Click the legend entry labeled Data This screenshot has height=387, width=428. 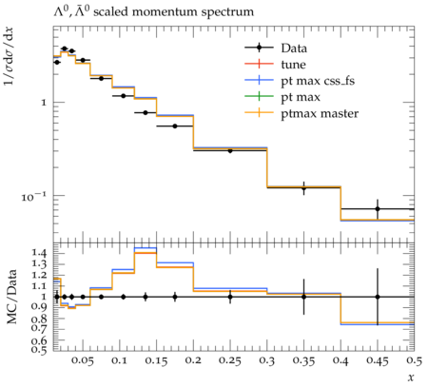294,48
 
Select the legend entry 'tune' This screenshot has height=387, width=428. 293,65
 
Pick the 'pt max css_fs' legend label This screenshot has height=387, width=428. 318,81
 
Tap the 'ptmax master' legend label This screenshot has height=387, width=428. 320,114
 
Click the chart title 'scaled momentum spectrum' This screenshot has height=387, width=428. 173,12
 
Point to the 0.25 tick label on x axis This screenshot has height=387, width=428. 230,360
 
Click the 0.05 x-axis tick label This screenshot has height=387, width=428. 83,360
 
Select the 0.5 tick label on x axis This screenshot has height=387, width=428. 415,360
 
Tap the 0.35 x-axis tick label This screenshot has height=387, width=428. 303,360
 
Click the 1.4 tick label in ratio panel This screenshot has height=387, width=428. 39,253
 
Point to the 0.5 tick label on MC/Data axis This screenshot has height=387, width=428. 39,349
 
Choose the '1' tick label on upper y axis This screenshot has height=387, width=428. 44,103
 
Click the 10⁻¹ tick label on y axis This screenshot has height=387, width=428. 34,197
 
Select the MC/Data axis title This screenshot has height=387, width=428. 12,297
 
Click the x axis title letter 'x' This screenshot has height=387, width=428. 411,377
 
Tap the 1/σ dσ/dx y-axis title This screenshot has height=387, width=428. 9,56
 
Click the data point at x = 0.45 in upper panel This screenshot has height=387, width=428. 378,209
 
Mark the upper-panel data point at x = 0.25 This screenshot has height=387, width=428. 230,151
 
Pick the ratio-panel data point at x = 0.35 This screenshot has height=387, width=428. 303,297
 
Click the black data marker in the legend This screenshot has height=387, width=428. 259,48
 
